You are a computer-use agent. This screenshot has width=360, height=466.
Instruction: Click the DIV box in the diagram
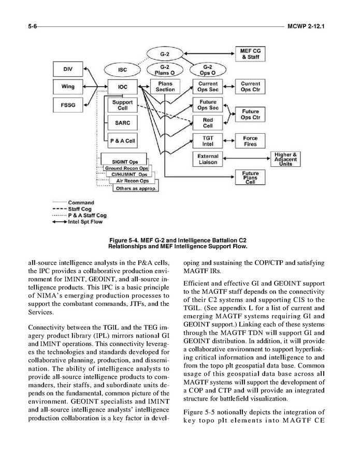68,69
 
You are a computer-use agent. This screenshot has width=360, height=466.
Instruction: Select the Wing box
68,87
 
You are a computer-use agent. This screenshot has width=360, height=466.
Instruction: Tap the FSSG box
68,105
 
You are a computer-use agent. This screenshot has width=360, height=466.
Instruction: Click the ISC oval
122,69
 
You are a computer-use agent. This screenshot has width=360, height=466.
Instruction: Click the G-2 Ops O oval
207,70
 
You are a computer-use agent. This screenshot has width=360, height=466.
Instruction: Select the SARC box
123,123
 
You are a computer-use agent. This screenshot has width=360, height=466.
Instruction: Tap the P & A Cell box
123,141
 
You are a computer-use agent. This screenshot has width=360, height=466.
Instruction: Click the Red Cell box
207,123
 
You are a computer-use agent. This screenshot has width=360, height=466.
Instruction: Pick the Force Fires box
250,141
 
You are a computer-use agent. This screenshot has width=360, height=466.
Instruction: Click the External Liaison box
207,159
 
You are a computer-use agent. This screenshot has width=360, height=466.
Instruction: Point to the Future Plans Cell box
251,177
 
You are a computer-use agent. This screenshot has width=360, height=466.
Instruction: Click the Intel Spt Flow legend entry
77,222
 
